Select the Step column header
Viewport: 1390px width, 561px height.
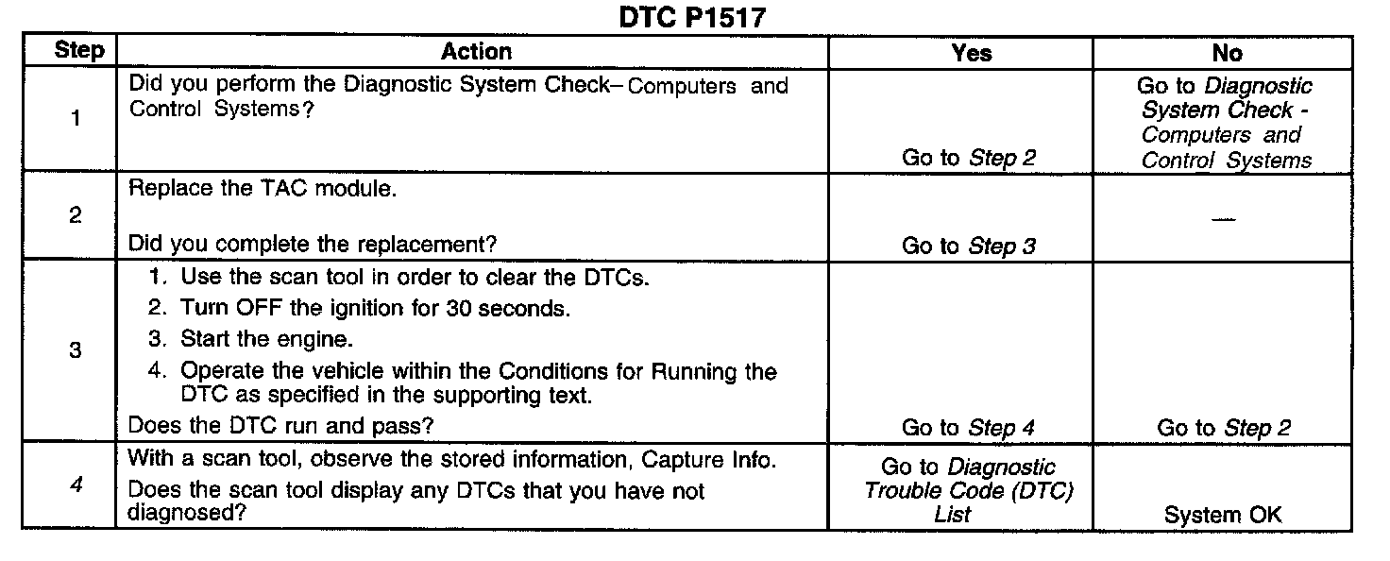click(79, 51)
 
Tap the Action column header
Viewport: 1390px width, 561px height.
click(476, 52)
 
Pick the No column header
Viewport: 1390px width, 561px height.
click(1227, 53)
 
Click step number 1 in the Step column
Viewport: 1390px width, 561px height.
click(76, 120)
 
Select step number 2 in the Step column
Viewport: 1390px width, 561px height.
click(76, 215)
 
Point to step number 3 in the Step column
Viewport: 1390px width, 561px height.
click(76, 350)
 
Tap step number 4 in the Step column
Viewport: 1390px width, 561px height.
click(76, 488)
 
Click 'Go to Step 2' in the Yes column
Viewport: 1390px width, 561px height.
click(969, 158)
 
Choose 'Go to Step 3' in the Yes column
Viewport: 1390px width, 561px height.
click(969, 246)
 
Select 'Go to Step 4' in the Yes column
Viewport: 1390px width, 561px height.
click(969, 428)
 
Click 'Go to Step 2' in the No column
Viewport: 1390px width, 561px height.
click(1224, 428)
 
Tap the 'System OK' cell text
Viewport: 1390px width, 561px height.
click(1224, 516)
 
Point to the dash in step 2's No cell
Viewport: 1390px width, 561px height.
click(1225, 218)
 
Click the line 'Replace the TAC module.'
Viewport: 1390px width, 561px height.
click(263, 188)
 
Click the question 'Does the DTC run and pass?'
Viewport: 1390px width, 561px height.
click(280, 426)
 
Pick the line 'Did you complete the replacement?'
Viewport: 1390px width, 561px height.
click(312, 245)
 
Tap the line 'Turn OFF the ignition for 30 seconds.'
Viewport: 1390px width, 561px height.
click(375, 309)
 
